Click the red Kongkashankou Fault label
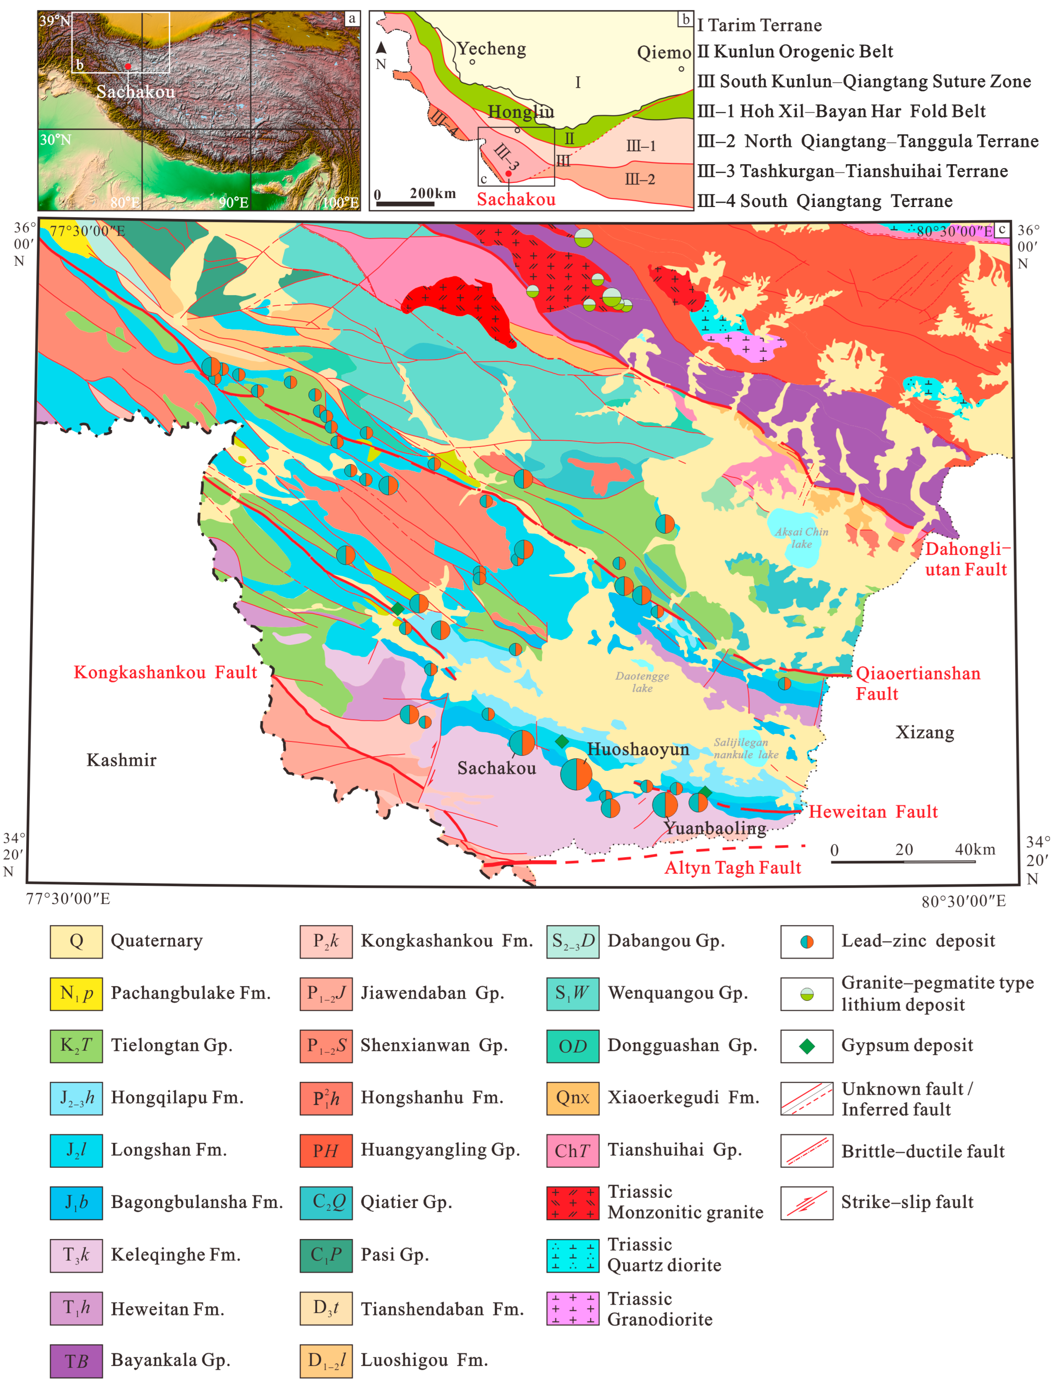165,673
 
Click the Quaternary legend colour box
76,941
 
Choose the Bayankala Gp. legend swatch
76,1361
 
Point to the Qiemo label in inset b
664,52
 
